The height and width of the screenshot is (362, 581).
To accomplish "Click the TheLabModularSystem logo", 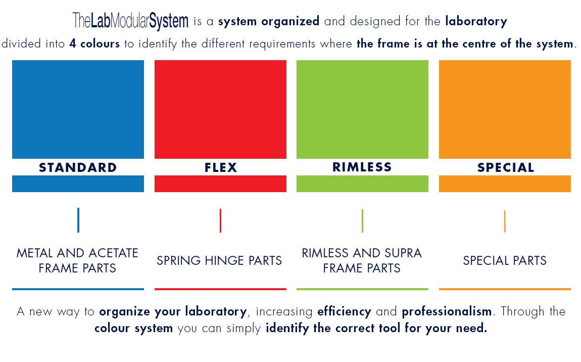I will pyautogui.click(x=130, y=21).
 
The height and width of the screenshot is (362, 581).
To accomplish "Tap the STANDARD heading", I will pyautogui.click(x=78, y=167).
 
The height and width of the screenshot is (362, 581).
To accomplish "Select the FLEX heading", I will pyautogui.click(x=221, y=167).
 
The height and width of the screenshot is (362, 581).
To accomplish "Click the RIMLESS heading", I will pyautogui.click(x=362, y=167).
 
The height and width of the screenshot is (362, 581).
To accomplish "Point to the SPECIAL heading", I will pyautogui.click(x=505, y=167).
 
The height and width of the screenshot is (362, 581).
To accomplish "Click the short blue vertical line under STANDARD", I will pyautogui.click(x=78, y=220).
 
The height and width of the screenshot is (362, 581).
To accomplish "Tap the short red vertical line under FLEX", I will pyautogui.click(x=220, y=220).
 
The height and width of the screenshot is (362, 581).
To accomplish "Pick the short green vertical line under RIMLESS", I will pyautogui.click(x=362, y=220).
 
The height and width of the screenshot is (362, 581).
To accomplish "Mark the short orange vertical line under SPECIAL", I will pyautogui.click(x=505, y=221).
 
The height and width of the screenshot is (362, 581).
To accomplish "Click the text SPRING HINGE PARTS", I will pyautogui.click(x=219, y=261).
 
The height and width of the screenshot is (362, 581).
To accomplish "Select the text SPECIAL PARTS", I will pyautogui.click(x=505, y=261).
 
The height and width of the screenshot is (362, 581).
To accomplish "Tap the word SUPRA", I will pyautogui.click(x=402, y=253).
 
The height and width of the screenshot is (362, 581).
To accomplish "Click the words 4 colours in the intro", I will pyautogui.click(x=94, y=44).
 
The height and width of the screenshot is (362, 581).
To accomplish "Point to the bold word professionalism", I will pyautogui.click(x=447, y=311).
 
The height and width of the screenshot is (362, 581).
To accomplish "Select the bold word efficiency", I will pyautogui.click(x=344, y=311).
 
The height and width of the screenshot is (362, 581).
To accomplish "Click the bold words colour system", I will pyautogui.click(x=133, y=329).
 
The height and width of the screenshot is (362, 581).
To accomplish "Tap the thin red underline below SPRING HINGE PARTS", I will pyautogui.click(x=220, y=289).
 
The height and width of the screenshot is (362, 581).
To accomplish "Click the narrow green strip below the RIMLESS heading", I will pyautogui.click(x=362, y=184).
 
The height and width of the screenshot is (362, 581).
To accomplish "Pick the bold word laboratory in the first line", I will pyautogui.click(x=476, y=21).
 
